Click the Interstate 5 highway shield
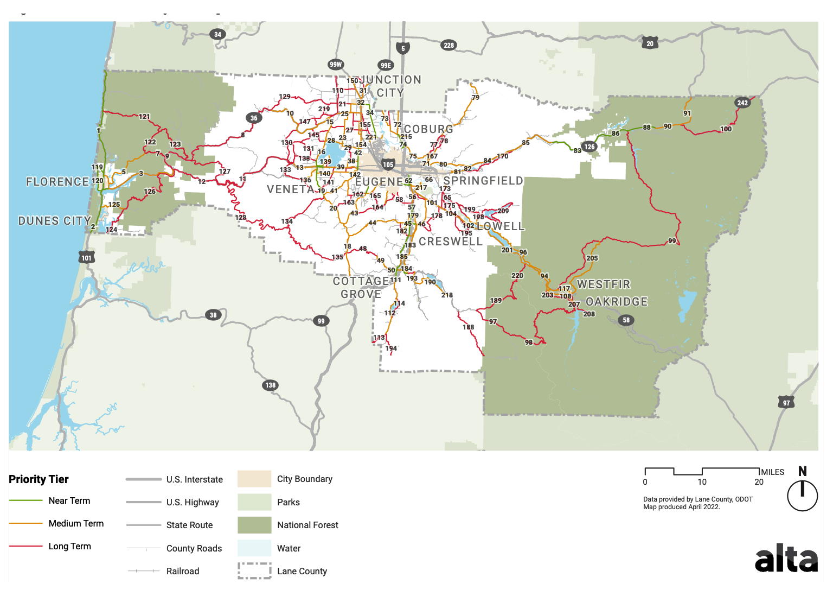(402, 48)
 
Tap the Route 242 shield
(742, 103)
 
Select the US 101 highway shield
(87, 257)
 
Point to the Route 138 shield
(270, 385)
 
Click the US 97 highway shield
(786, 403)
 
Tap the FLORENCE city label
(57, 182)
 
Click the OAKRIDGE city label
(617, 302)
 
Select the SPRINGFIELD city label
(483, 181)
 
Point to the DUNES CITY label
(54, 221)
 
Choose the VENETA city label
(291, 189)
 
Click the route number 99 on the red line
(672, 241)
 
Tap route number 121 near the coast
(144, 117)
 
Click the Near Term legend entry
(69, 500)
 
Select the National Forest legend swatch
(254, 525)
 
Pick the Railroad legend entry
(183, 571)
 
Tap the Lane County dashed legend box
(254, 570)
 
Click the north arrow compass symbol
(802, 494)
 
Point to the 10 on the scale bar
(702, 482)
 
